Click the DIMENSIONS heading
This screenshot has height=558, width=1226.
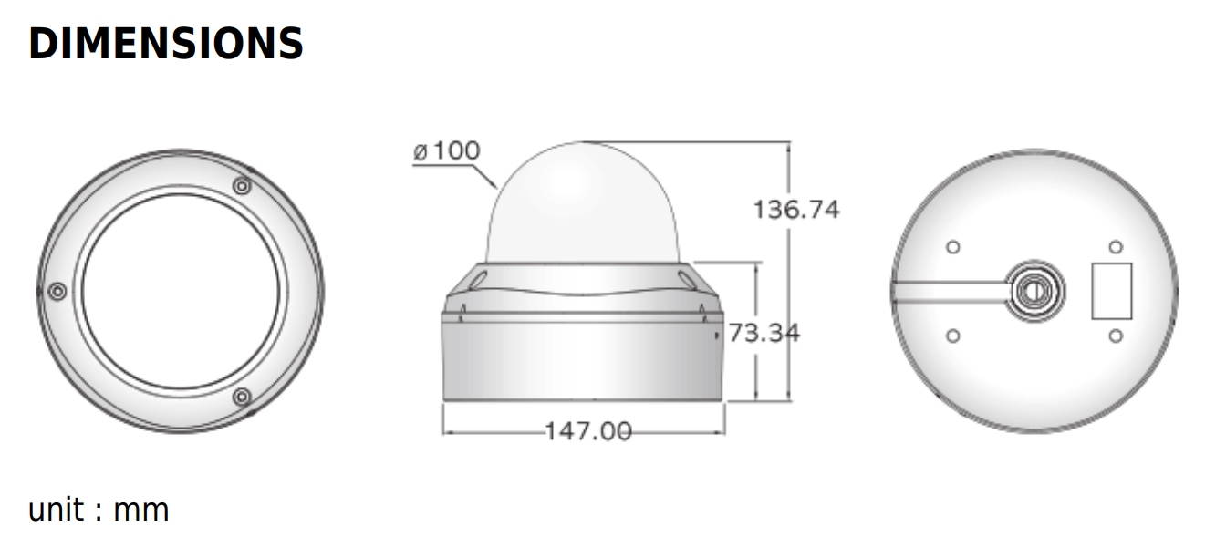(166, 43)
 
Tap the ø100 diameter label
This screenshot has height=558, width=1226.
(446, 151)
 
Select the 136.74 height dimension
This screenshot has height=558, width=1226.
(795, 210)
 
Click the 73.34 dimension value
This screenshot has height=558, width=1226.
(764, 333)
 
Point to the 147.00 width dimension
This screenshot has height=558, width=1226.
(587, 430)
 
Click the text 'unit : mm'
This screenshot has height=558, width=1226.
(99, 510)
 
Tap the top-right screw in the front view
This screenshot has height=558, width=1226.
(242, 186)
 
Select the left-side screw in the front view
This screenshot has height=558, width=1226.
(57, 291)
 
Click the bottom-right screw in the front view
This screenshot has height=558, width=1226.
(242, 397)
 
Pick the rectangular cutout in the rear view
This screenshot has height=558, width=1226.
(1112, 291)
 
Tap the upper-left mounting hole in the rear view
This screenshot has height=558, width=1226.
(953, 247)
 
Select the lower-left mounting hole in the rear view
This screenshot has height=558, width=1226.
(953, 336)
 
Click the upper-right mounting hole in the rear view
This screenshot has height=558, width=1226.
(1115, 247)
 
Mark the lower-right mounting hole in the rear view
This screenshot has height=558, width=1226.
(1115, 336)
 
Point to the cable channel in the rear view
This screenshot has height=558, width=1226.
(949, 291)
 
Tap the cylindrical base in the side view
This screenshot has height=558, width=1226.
(584, 360)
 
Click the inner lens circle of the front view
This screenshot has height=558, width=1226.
(181, 291)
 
